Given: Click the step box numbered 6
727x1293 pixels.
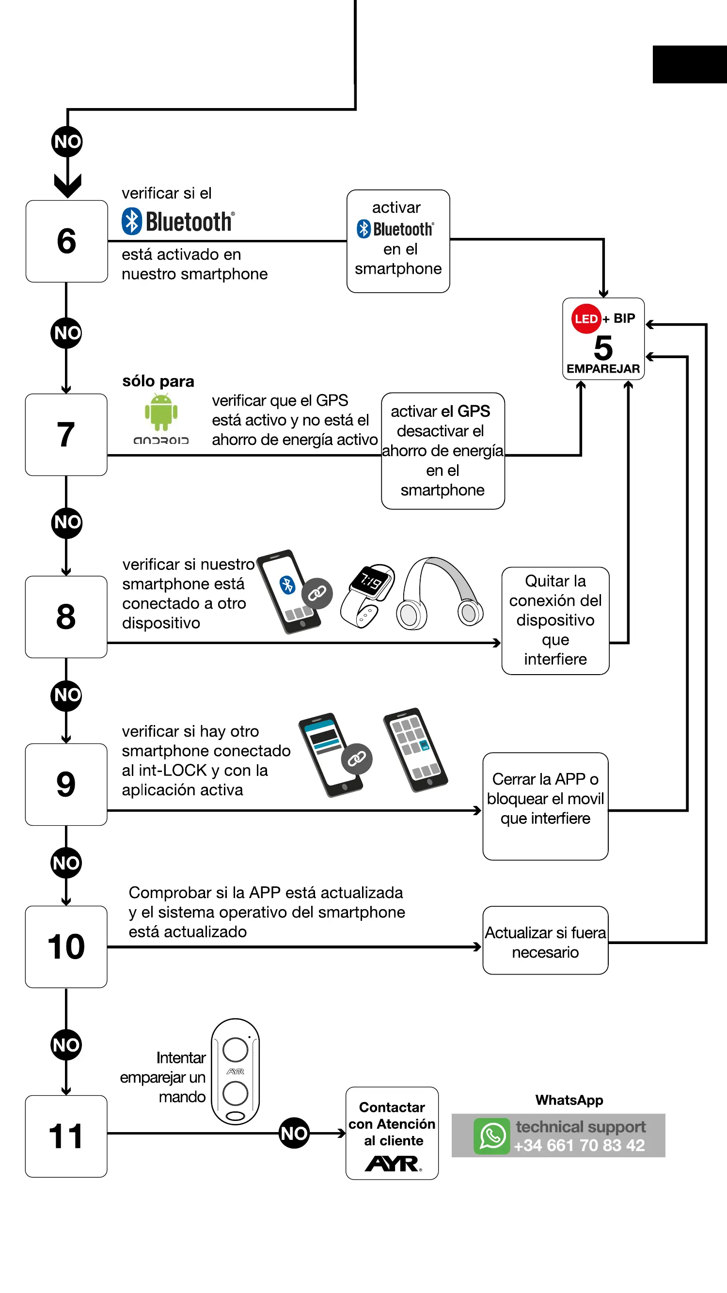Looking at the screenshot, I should (66, 241).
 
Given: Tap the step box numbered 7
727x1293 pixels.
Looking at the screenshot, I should (66, 435).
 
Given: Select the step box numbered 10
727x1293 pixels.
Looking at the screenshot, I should (66, 946).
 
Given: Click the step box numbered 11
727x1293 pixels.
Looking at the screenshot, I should (66, 1136).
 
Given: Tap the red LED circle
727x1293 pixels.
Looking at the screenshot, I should (586, 319).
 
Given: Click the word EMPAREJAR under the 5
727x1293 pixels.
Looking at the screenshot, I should (603, 369).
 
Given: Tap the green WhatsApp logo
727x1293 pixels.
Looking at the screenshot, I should (491, 1136).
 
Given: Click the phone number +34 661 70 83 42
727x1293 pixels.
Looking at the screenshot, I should (579, 1146).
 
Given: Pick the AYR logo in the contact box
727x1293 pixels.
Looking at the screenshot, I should (393, 1164).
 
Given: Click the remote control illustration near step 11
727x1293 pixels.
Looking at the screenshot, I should (235, 1071).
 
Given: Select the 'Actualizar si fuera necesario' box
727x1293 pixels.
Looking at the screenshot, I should (545, 941).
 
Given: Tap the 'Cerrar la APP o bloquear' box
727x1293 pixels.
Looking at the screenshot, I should (545, 806).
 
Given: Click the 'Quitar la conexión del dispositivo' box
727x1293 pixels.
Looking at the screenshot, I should (555, 621).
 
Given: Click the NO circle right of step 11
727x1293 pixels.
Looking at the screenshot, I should (294, 1134).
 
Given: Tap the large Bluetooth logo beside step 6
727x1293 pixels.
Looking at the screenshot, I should (178, 221).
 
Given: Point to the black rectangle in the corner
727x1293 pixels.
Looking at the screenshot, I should (690, 64).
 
